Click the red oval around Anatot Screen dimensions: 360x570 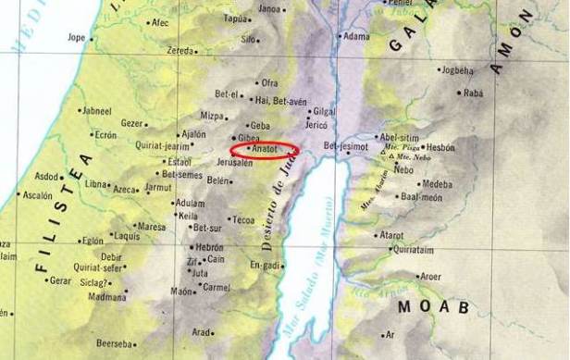tap(265, 148)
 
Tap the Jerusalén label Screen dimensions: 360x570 tap(234, 162)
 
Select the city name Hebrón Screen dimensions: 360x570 tap(209, 247)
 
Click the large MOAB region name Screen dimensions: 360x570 tap(434, 305)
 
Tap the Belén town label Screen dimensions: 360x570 tap(217, 180)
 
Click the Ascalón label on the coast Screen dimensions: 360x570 tap(38, 195)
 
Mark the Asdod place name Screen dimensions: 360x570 tap(47, 176)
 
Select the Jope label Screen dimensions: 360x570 tap(76, 38)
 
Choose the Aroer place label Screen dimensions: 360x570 tap(431, 276)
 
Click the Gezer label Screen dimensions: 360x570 tap(133, 122)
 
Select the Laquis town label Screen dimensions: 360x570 tap(126, 235)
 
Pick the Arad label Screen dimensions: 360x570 tap(202, 332)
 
